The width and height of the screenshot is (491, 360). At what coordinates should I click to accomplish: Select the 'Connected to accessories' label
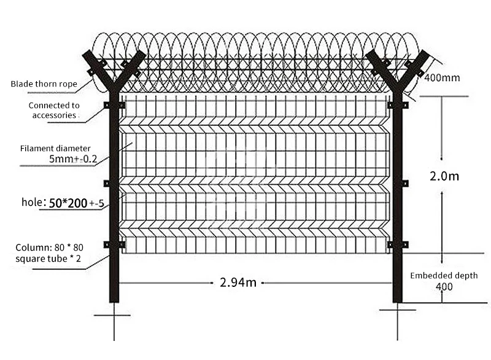click(54, 110)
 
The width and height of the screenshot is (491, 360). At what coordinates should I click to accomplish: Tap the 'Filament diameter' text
click(55, 148)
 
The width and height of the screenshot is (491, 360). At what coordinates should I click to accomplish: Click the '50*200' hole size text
click(68, 202)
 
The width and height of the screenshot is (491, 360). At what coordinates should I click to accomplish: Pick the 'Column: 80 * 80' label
click(49, 248)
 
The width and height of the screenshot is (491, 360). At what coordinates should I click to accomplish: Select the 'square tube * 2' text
click(48, 258)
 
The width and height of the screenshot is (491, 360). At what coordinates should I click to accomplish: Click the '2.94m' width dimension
click(238, 283)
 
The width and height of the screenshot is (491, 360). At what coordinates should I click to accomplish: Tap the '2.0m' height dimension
click(444, 176)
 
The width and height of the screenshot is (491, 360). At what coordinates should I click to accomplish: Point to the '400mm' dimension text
click(442, 78)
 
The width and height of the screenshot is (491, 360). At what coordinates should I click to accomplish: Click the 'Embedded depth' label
click(444, 275)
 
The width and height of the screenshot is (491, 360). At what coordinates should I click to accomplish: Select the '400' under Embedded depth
click(444, 286)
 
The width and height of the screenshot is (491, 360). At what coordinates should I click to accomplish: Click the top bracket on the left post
click(114, 105)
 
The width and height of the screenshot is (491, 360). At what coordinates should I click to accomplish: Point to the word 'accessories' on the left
click(54, 115)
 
